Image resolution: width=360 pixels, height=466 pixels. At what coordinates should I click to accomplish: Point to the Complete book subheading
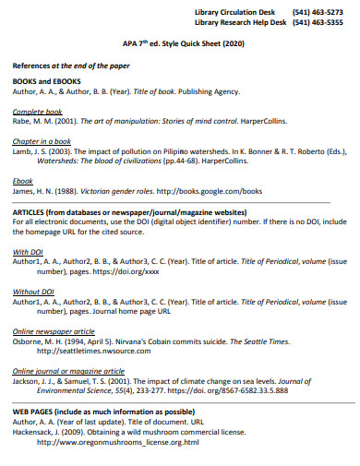[x=37, y=111]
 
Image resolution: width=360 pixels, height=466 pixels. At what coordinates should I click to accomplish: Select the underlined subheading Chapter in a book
[x=41, y=140]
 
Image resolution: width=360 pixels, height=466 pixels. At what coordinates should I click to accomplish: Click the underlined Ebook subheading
[x=23, y=181]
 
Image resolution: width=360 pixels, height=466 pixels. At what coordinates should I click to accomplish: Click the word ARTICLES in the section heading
[x=32, y=212]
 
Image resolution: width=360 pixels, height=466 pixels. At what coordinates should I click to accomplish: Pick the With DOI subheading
[x=29, y=251]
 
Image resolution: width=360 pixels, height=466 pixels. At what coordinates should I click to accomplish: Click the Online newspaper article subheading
[x=54, y=330]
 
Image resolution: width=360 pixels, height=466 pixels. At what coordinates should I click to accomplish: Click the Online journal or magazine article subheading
[x=68, y=371]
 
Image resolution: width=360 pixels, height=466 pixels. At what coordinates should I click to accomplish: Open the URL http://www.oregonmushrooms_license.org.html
[x=118, y=442]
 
